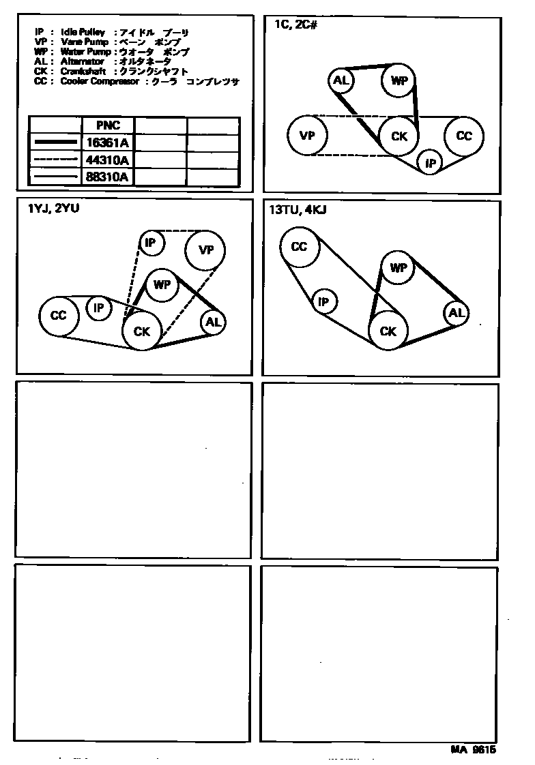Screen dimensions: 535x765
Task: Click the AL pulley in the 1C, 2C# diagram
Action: pyautogui.click(x=341, y=81)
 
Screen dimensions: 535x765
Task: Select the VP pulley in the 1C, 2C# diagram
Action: pyautogui.click(x=307, y=134)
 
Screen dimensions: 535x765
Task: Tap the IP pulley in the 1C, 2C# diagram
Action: pyautogui.click(x=430, y=162)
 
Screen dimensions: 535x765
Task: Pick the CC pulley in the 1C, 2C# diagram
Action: pyautogui.click(x=463, y=136)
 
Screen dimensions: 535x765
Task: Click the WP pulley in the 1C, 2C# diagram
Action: pyautogui.click(x=399, y=81)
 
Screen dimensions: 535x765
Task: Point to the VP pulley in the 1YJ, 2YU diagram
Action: pyautogui.click(x=206, y=250)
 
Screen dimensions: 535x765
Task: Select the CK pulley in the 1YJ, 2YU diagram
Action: pyautogui.click(x=141, y=331)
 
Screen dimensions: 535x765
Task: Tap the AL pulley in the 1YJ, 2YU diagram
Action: pyautogui.click(x=213, y=322)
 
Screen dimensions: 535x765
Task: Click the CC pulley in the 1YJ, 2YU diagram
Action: pyautogui.click(x=59, y=316)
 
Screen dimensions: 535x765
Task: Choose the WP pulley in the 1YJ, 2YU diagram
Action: pyautogui.click(x=161, y=285)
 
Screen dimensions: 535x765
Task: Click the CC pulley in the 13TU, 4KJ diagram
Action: pyautogui.click(x=299, y=246)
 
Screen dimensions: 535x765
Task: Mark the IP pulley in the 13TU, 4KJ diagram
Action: pyautogui.click(x=324, y=301)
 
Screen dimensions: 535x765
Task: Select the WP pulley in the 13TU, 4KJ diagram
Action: pyautogui.click(x=398, y=268)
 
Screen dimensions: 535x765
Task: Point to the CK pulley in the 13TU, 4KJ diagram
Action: pyautogui.click(x=388, y=331)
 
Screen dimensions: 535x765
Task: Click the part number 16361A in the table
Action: pyautogui.click(x=108, y=142)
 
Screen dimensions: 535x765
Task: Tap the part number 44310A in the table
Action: pyautogui.click(x=108, y=160)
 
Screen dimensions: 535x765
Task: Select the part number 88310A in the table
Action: pyautogui.click(x=108, y=177)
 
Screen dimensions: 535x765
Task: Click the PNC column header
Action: pyautogui.click(x=108, y=125)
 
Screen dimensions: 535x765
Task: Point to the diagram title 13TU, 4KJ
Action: pyautogui.click(x=298, y=210)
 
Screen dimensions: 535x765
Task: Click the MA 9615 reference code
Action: pyautogui.click(x=472, y=749)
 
